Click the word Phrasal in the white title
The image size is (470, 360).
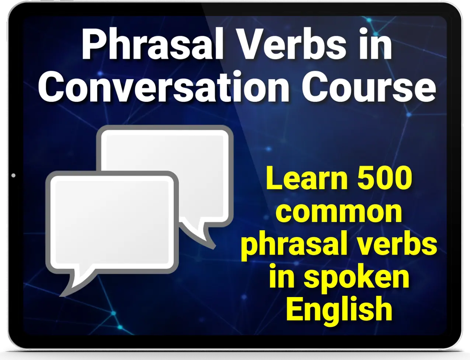pos(152,44)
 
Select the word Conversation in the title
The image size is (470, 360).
pos(164,87)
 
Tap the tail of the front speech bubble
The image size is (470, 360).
pos(73,286)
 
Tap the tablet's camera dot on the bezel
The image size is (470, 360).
pos(13,175)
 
